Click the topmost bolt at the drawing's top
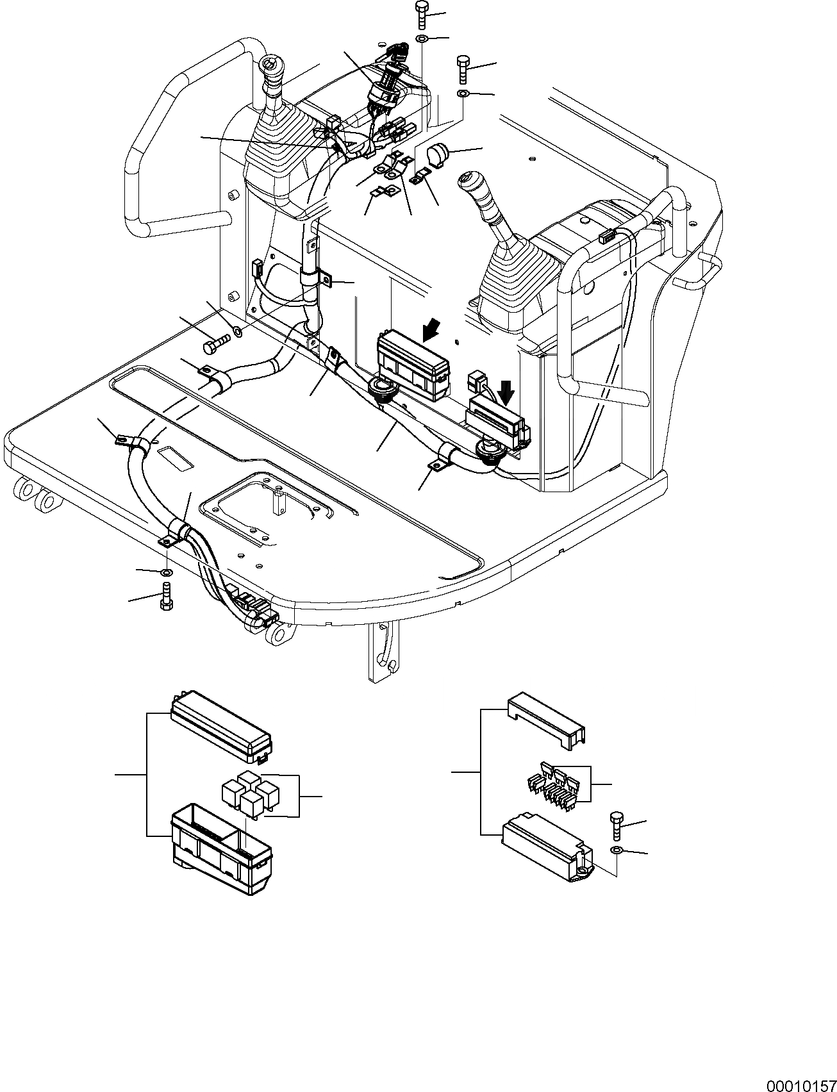click(x=422, y=14)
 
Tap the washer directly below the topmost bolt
click(x=422, y=40)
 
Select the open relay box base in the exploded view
click(x=222, y=848)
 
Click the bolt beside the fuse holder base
click(x=617, y=827)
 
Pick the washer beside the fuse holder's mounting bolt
click(x=616, y=850)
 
